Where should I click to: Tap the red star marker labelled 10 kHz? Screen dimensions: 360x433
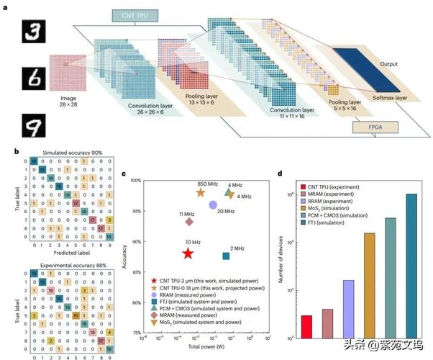click(x=188, y=253)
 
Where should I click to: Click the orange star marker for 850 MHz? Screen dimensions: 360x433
click(x=201, y=192)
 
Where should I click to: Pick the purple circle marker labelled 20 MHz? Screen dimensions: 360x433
click(x=213, y=204)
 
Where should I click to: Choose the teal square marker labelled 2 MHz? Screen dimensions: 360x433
click(x=226, y=256)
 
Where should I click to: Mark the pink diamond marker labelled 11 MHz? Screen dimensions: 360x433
click(x=189, y=222)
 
